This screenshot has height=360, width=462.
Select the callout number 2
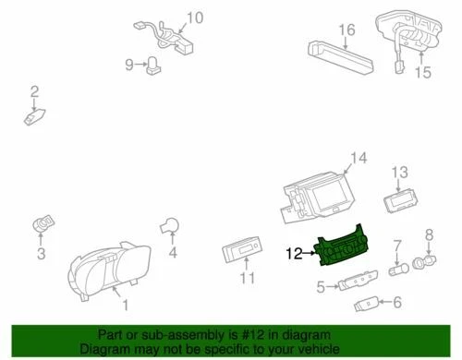(x=34, y=90)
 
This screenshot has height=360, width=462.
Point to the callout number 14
(x=358, y=159)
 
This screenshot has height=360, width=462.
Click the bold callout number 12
(x=295, y=251)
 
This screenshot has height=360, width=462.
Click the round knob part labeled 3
(x=43, y=224)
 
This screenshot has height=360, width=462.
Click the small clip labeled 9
(x=152, y=64)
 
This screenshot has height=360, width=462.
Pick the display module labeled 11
(x=241, y=251)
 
